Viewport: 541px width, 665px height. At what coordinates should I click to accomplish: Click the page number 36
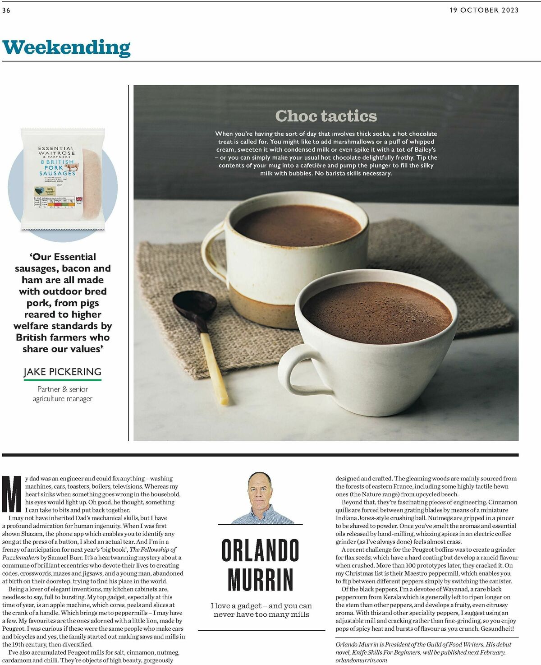point(6,10)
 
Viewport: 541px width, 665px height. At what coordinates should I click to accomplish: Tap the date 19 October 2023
point(484,10)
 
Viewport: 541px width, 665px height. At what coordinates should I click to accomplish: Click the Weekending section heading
point(66,47)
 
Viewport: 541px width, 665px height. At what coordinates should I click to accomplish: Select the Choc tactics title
point(326,116)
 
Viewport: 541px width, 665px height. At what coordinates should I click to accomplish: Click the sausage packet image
point(63,179)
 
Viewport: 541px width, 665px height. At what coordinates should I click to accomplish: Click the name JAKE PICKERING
point(63,372)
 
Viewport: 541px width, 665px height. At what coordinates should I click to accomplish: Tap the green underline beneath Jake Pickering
point(63,380)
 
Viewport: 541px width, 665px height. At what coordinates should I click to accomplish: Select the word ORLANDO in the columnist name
point(261,550)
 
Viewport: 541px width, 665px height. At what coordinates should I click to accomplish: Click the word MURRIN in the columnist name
point(261,579)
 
